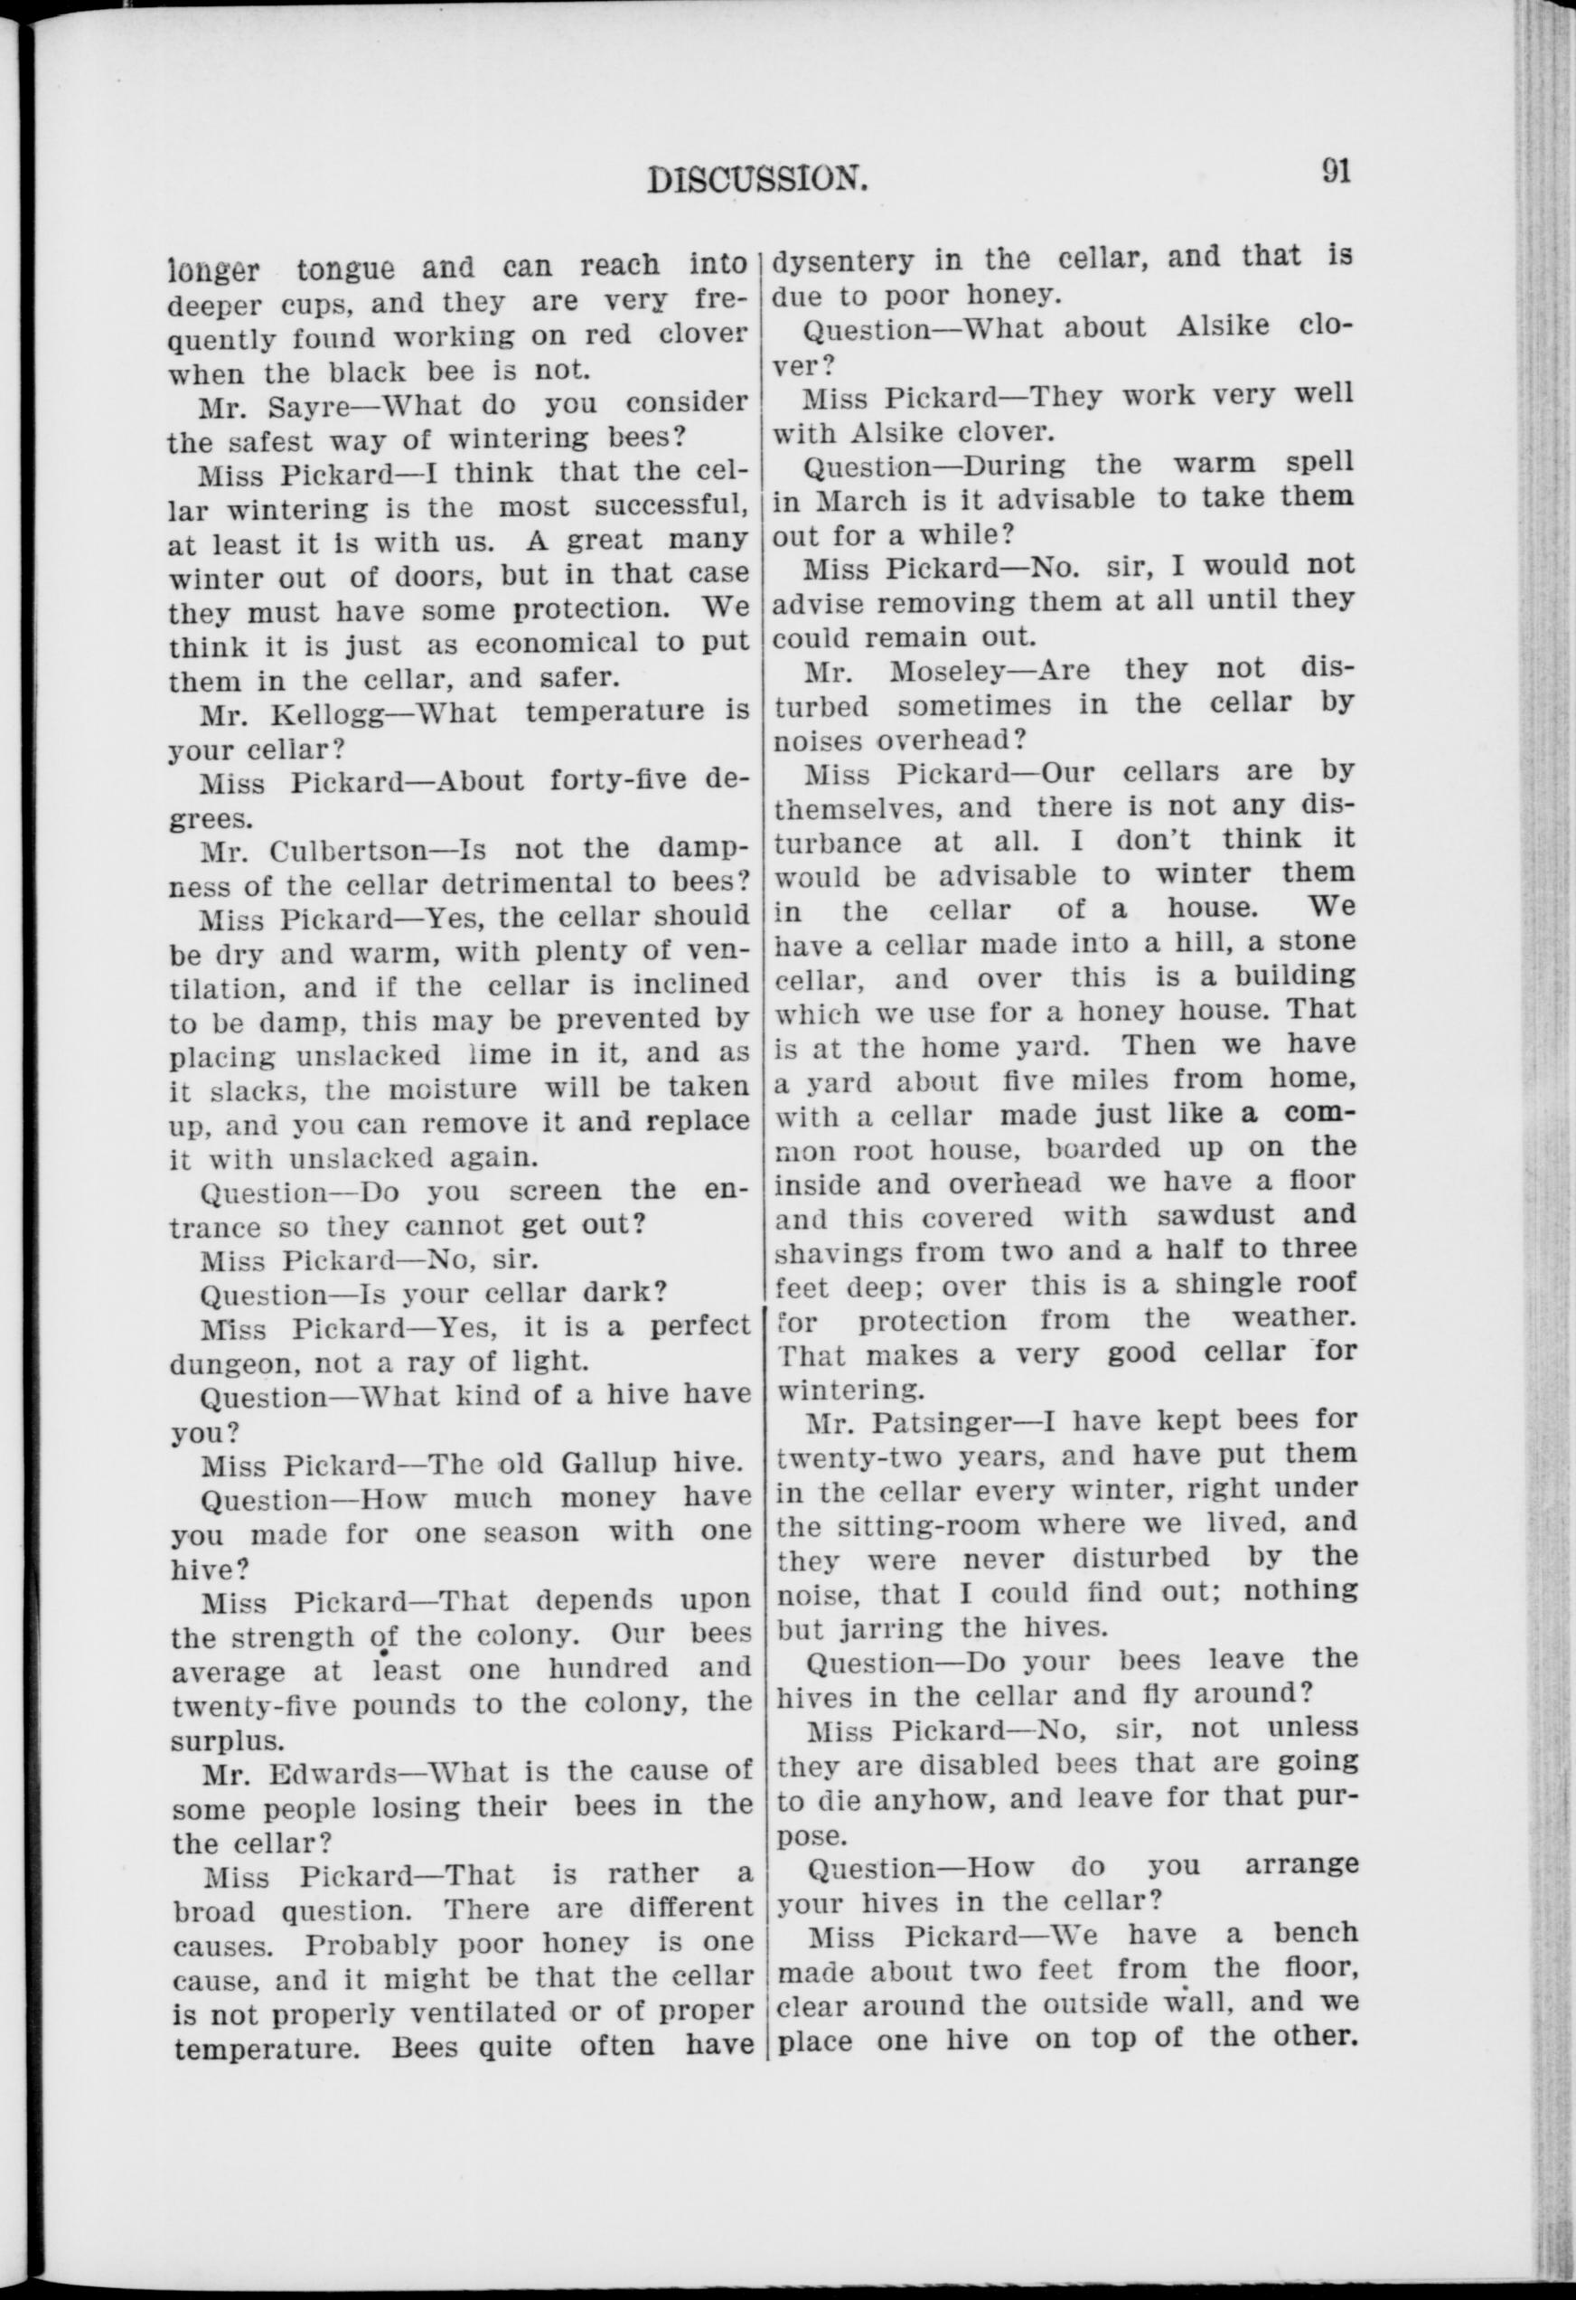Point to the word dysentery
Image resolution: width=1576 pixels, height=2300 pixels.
pos(843,259)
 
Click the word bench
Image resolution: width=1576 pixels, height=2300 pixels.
pos(1314,1932)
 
